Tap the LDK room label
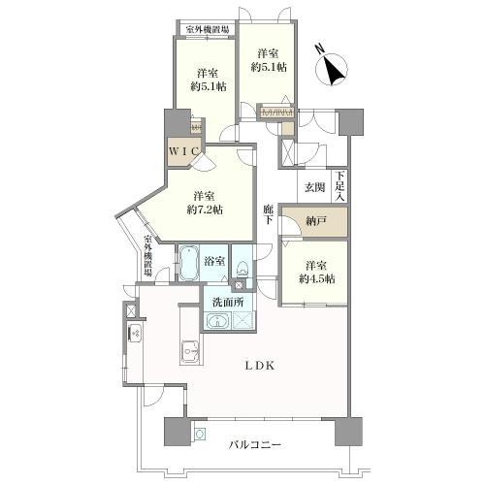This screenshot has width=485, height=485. coord(259,366)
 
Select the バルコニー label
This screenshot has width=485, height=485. coord(255,445)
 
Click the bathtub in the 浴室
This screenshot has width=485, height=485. coord(189,263)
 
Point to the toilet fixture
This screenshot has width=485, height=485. coord(242,269)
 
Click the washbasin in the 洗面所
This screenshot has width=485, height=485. coord(218,321)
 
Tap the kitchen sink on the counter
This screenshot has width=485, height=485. coord(190,352)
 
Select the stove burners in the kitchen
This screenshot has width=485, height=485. coord(135,333)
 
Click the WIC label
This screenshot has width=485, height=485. coord(183,151)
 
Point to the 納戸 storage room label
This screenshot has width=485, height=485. coord(316,221)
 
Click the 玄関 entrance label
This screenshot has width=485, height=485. coord(315,187)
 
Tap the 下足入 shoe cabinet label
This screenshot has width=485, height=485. coord(339,186)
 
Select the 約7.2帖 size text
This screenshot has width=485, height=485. coord(205,210)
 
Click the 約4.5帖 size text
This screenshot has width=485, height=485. coord(317,278)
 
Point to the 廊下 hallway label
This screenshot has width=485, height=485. coord(268,214)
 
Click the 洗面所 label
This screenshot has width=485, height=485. coord(228,302)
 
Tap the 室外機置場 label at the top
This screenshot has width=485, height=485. coord(208,30)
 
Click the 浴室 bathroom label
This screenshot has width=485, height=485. coord(214,261)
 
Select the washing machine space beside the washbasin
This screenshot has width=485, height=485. coord(242,321)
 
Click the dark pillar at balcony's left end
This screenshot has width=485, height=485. coord(177,432)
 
